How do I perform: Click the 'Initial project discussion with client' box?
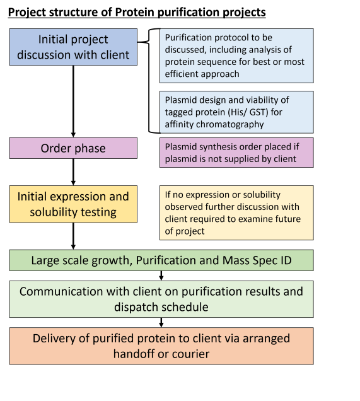(x=73, y=47)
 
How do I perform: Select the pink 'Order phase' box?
(x=73, y=148)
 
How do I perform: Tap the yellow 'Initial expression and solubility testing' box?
(x=73, y=204)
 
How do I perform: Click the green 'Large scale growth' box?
(x=161, y=260)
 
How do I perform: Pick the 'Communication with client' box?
(x=161, y=299)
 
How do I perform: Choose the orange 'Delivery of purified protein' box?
(x=161, y=346)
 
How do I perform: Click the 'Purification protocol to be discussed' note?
(x=236, y=55)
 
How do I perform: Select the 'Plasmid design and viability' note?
(x=236, y=112)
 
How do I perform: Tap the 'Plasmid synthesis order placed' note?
(x=236, y=153)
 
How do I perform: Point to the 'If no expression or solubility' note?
(x=236, y=212)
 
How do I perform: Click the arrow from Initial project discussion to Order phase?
(x=73, y=102)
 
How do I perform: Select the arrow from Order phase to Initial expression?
(x=73, y=172)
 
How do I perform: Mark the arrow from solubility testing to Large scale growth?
(x=73, y=236)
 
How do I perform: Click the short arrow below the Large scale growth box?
(x=161, y=276)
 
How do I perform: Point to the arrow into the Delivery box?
(x=161, y=322)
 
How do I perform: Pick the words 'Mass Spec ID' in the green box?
(x=257, y=260)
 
